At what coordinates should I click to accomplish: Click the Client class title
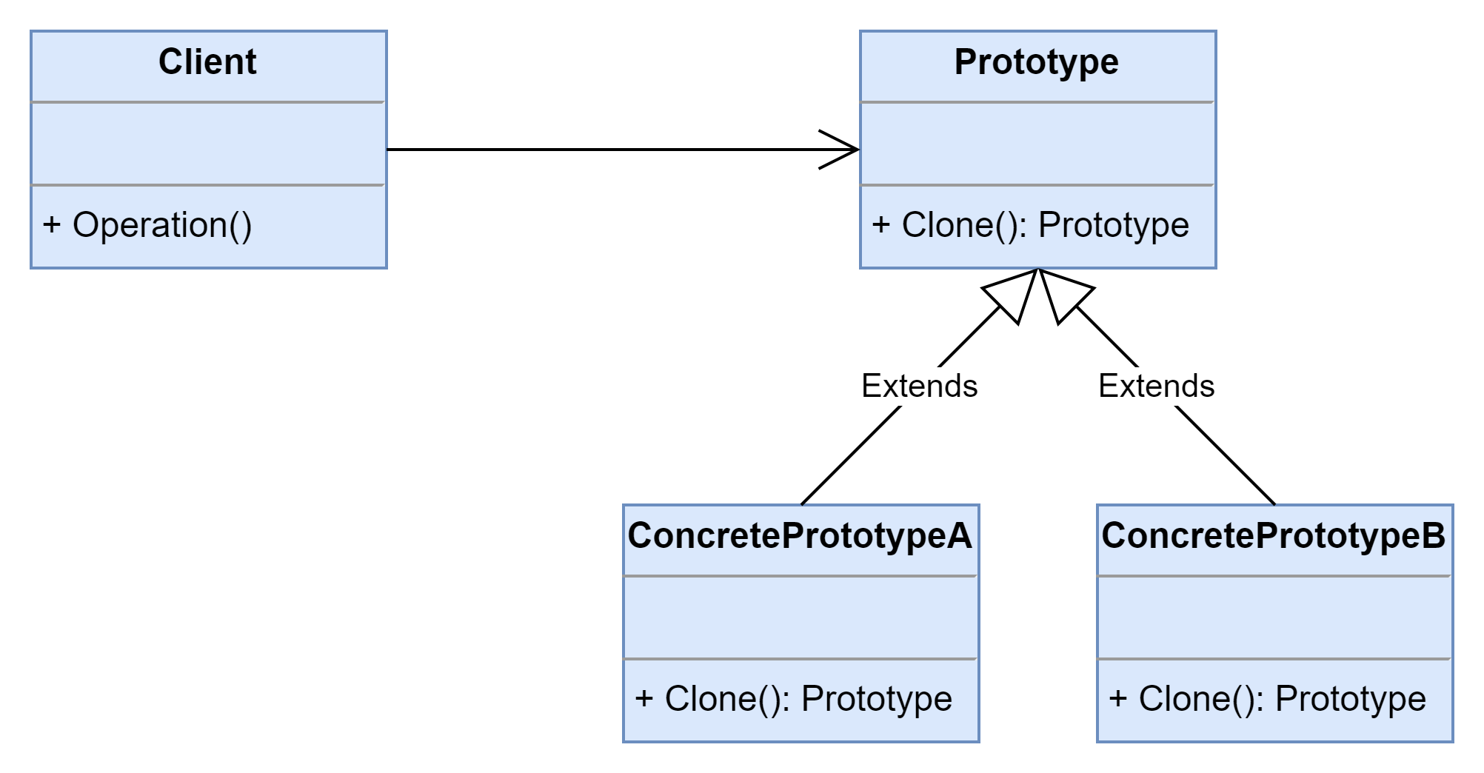tap(207, 61)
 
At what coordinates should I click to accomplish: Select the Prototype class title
tap(1037, 62)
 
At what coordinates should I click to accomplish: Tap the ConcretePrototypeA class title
tap(800, 536)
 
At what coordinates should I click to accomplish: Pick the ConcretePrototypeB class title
tap(1274, 536)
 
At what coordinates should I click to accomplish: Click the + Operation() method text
tap(147, 225)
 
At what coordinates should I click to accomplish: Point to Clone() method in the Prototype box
tap(1031, 225)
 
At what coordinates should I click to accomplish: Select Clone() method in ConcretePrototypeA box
tap(794, 699)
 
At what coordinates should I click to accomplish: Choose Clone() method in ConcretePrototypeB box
tap(1268, 699)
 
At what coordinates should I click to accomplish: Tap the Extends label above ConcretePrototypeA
tap(920, 386)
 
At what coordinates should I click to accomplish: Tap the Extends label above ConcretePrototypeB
tap(1157, 386)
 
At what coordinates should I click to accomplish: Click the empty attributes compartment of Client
tap(209, 144)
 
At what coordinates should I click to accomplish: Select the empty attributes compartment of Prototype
tap(1038, 144)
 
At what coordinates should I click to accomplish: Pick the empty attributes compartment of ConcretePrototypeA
tap(801, 618)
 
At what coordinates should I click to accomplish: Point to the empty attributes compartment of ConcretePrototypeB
tap(1275, 618)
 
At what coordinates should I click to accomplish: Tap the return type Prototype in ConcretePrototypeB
tap(1351, 699)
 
